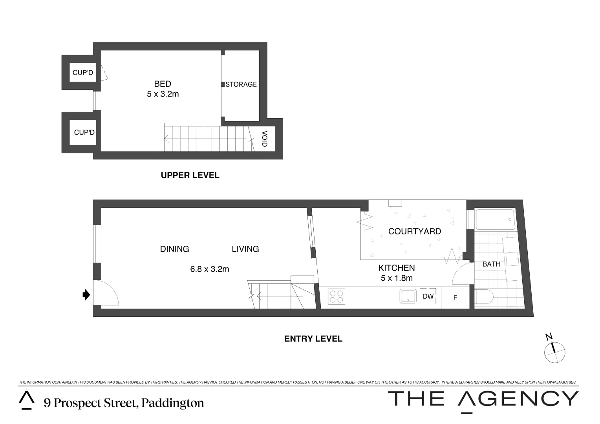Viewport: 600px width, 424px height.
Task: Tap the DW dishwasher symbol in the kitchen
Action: click(428, 296)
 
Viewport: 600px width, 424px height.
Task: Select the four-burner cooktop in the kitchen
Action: click(337, 296)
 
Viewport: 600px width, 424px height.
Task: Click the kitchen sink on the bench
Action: click(408, 296)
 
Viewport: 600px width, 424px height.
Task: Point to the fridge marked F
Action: click(455, 298)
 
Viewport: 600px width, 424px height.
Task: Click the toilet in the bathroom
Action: click(484, 297)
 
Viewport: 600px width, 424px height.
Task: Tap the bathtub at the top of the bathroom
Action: click(495, 219)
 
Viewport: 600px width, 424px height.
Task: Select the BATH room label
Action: click(491, 264)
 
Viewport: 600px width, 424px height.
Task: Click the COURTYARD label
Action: click(414, 231)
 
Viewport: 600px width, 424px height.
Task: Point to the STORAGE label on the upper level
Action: click(241, 84)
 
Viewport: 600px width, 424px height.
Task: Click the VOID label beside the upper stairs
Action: click(264, 139)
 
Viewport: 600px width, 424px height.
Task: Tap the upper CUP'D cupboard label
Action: click(83, 73)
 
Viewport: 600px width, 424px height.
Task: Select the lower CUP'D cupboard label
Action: click(84, 132)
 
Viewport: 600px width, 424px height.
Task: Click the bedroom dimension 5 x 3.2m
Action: click(163, 94)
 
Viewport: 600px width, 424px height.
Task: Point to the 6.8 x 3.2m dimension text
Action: click(209, 269)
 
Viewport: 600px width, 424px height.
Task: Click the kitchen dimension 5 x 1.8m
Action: click(397, 278)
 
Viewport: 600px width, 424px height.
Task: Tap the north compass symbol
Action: click(554, 349)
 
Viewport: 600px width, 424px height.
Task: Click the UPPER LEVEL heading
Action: click(190, 175)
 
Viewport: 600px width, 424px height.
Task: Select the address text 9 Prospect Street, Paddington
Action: click(124, 403)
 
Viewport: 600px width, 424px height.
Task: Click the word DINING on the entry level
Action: click(175, 249)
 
